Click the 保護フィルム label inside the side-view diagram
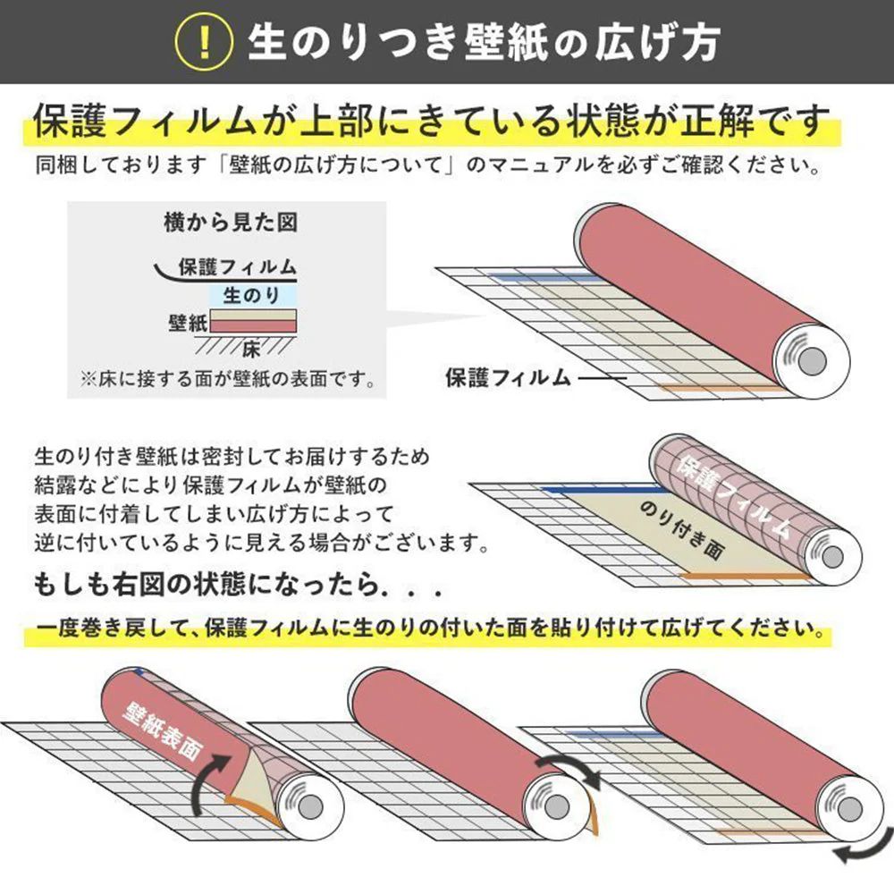(237, 266)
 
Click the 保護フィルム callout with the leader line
(508, 377)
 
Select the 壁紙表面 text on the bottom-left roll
(164, 725)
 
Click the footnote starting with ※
(227, 379)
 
